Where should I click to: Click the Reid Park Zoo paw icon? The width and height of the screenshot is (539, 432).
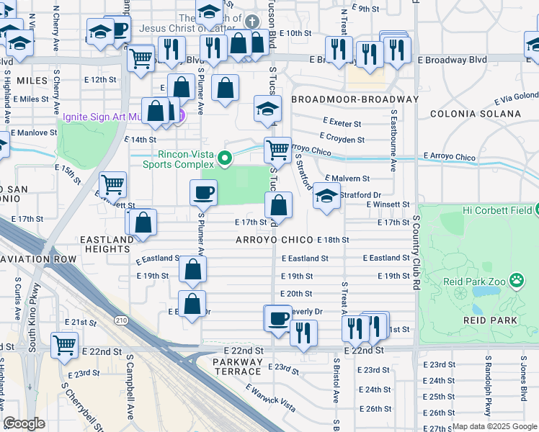point(517,279)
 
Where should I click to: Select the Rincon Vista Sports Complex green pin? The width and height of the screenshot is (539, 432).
point(226,158)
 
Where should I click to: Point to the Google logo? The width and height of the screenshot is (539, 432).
point(24,423)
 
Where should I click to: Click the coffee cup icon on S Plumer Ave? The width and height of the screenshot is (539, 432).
point(203,192)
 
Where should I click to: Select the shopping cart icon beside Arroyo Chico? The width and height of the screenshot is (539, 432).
point(277,150)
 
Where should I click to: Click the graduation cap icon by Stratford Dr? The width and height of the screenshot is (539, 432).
point(326,197)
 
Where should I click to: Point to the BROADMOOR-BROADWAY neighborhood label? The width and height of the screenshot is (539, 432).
point(355,99)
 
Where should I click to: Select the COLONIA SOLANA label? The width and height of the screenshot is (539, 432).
point(475,114)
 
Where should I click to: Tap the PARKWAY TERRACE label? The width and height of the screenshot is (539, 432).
point(238,366)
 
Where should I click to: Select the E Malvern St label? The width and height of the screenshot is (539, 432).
point(347,178)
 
